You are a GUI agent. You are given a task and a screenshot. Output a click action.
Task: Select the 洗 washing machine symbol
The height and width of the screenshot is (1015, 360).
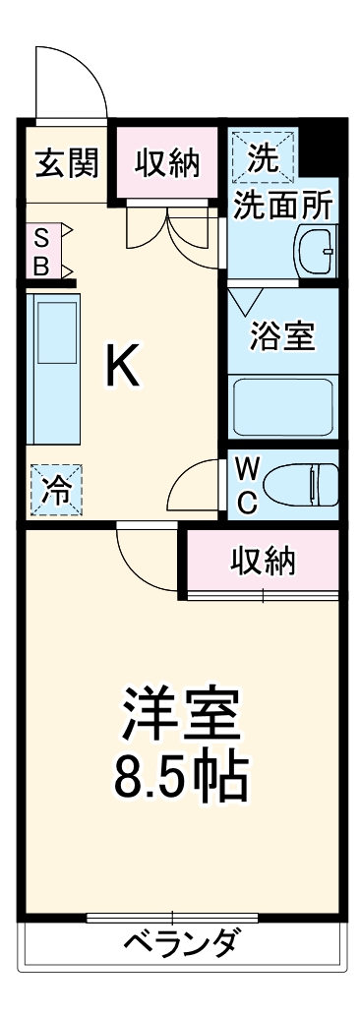click(261, 157)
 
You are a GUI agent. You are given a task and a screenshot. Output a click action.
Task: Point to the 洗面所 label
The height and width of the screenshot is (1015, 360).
click(282, 206)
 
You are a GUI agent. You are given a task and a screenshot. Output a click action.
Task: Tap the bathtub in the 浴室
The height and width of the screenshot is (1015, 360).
click(283, 406)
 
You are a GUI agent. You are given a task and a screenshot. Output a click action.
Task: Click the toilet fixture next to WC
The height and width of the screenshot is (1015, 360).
click(306, 485)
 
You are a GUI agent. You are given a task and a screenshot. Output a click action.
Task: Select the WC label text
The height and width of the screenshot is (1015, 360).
click(248, 485)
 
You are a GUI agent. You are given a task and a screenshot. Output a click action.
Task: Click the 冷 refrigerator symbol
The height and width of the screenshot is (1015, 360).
click(57, 490)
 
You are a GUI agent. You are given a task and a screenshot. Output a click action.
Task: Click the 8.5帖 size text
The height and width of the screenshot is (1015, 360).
click(182, 777)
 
